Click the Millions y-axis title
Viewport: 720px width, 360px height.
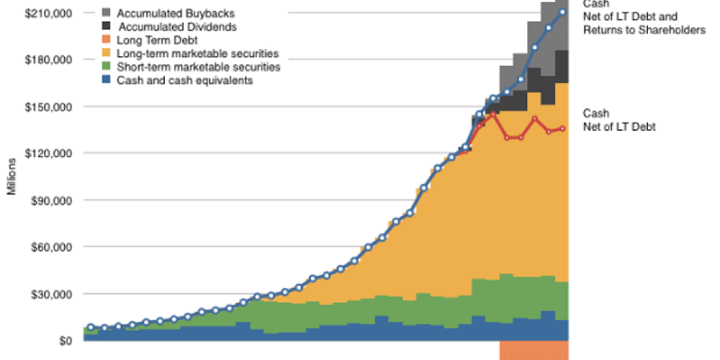tap(11, 177)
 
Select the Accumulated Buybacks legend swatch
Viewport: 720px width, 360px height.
tap(106, 13)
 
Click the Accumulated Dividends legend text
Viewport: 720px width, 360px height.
tap(178, 27)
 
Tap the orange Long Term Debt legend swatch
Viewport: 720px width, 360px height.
tap(106, 40)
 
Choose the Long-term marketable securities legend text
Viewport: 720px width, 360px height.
tap(198, 54)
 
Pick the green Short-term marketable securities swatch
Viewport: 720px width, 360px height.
tap(106, 67)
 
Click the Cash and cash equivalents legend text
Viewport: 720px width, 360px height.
tap(185, 80)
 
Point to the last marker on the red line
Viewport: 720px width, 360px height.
tap(562, 128)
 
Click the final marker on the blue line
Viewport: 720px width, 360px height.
tap(562, 12)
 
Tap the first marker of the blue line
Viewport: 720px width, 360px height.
tap(90, 327)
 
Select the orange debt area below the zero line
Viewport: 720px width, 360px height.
tap(533, 350)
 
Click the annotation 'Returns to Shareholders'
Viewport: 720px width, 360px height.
tap(644, 29)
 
